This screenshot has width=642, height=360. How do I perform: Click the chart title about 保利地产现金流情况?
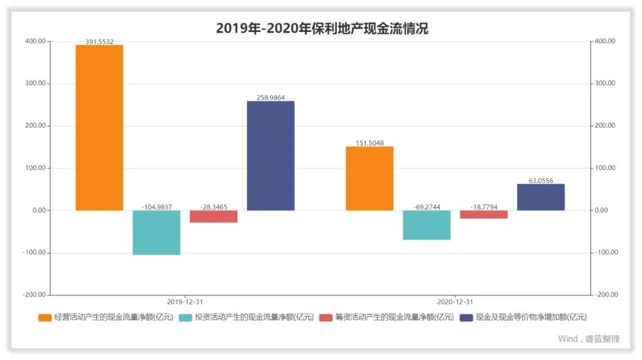(x=322, y=28)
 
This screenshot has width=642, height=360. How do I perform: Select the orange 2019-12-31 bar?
(x=99, y=127)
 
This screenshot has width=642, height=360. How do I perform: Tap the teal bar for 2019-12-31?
(x=156, y=232)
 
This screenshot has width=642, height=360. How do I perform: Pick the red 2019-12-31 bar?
(x=213, y=216)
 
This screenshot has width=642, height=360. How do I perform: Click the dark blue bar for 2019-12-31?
(x=270, y=156)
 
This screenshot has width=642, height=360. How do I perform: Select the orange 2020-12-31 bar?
(x=369, y=178)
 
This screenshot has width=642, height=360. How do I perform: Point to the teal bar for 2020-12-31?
(x=426, y=225)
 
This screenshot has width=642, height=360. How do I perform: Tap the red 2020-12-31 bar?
(x=483, y=214)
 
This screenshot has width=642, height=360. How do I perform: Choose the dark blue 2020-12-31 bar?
(x=540, y=197)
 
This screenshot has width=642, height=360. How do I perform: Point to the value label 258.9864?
(x=270, y=97)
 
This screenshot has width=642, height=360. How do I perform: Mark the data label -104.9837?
(x=156, y=207)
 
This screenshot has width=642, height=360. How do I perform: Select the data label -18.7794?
(x=483, y=207)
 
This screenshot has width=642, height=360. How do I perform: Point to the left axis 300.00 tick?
(x=34, y=84)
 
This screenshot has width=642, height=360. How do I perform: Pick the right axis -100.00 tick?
(x=606, y=252)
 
